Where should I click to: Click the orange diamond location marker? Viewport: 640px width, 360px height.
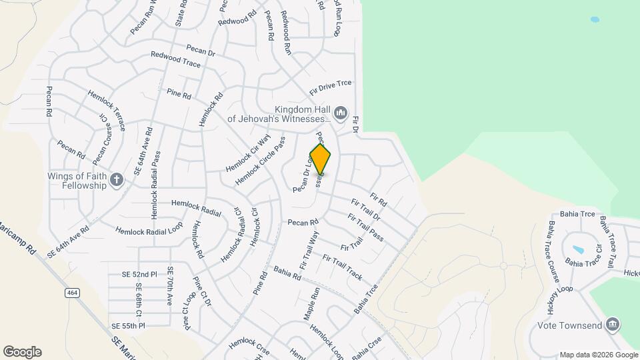coord(321,159)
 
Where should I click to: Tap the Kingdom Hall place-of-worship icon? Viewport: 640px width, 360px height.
coord(341,113)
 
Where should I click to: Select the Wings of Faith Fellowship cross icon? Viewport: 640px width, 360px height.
coord(117,179)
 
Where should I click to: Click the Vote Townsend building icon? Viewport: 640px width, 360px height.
coord(613,325)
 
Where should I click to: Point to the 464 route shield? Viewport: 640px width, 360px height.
coord(72,293)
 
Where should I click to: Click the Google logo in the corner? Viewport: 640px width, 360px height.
coord(22,352)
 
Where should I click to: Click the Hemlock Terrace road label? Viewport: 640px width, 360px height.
coord(107,109)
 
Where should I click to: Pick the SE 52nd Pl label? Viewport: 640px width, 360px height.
coord(139,274)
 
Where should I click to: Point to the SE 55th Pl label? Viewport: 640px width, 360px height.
coord(128,325)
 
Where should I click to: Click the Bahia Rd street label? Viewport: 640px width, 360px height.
coord(287,274)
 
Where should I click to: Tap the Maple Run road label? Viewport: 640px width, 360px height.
coord(313,304)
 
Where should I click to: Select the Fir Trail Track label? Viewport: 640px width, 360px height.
coord(342,267)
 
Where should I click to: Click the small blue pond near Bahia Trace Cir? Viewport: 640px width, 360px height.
coord(577,250)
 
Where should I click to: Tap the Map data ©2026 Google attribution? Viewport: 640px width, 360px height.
coord(599,355)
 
